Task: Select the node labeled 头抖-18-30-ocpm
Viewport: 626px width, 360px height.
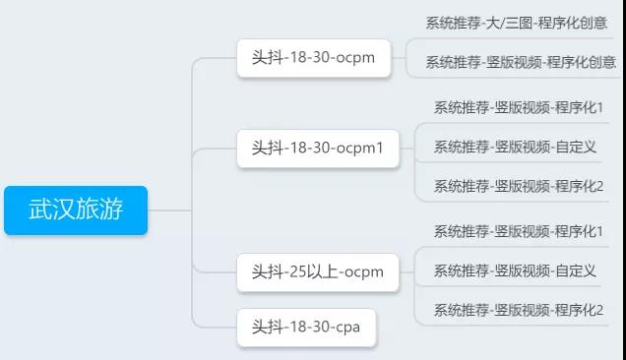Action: (312, 58)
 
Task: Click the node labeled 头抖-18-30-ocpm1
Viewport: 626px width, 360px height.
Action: (317, 149)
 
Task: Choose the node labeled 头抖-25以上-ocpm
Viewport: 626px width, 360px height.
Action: (317, 272)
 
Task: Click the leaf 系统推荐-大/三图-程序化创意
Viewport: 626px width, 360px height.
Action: (516, 22)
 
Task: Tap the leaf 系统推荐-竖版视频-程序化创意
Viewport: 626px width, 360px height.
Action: (520, 62)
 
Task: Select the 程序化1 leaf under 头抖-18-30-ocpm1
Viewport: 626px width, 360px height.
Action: (519, 107)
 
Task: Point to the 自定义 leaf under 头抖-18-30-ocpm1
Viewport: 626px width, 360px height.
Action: (515, 147)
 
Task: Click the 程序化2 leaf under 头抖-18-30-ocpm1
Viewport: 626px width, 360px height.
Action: (519, 186)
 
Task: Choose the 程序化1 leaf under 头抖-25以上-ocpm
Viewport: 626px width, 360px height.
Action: (519, 231)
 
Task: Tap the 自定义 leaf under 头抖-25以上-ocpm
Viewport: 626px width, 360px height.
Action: (515, 270)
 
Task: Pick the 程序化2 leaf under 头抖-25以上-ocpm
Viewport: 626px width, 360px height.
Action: (519, 310)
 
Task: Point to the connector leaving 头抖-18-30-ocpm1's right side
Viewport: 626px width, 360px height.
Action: (407, 149)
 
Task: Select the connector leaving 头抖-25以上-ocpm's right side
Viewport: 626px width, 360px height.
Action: (407, 272)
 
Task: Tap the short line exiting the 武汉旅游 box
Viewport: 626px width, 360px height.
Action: (167, 210)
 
